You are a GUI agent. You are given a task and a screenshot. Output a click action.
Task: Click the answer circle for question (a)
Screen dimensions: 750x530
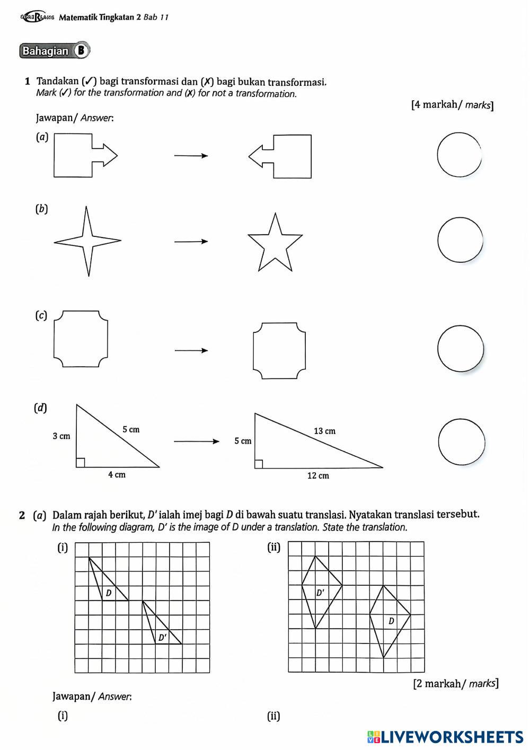[460, 154]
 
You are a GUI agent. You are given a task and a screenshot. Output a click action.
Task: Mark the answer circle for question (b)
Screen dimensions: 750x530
[461, 240]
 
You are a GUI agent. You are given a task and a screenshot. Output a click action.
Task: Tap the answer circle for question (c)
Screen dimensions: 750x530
[461, 349]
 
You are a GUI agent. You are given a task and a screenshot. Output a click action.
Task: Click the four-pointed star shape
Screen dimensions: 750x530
[88, 241]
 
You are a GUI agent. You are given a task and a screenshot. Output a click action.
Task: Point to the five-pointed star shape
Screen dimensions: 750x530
[275, 244]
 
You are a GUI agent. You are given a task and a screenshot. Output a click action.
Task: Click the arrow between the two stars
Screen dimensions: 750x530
[191, 242]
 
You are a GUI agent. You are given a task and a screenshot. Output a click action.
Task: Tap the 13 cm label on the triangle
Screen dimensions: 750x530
[324, 431]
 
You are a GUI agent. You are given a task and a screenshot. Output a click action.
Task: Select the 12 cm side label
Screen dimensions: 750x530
[318, 475]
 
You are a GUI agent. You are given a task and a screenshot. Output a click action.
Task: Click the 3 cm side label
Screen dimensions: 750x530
[61, 436]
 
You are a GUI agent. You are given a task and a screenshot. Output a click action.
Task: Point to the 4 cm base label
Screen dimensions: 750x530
[117, 474]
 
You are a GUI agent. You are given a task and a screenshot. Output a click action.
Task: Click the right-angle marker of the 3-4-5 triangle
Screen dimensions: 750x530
[80, 463]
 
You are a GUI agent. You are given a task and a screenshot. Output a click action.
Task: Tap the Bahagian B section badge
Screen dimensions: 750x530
[54, 51]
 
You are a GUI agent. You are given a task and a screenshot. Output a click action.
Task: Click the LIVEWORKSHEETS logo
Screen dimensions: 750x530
[445, 736]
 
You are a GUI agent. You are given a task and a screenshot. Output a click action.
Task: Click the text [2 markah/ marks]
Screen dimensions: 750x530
[455, 683]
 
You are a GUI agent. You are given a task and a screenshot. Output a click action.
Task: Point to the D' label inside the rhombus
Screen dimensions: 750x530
[320, 593]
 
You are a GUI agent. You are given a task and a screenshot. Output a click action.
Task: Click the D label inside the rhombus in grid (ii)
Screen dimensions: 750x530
[391, 621]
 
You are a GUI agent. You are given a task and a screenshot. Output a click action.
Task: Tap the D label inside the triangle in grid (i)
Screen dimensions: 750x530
[109, 593]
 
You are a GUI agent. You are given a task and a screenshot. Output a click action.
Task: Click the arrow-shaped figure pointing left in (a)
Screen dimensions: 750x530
[281, 156]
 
